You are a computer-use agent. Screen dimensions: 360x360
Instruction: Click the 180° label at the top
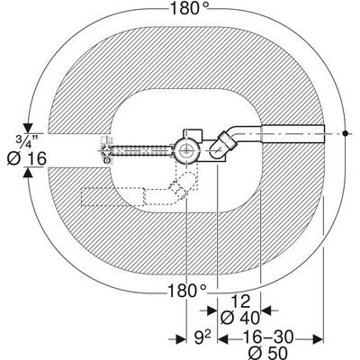click(189, 8)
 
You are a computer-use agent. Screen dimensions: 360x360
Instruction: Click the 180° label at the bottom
click(186, 291)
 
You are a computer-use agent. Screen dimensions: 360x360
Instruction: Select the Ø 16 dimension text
click(26, 158)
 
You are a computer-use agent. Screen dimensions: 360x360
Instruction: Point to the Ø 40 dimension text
click(240, 318)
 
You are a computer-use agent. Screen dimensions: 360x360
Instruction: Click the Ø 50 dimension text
click(268, 352)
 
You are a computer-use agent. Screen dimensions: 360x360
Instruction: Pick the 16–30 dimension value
click(268, 337)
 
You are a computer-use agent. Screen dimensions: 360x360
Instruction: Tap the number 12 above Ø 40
click(241, 301)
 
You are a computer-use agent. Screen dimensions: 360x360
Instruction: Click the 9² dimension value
click(201, 338)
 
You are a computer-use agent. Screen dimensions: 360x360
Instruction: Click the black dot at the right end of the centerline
click(346, 133)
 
